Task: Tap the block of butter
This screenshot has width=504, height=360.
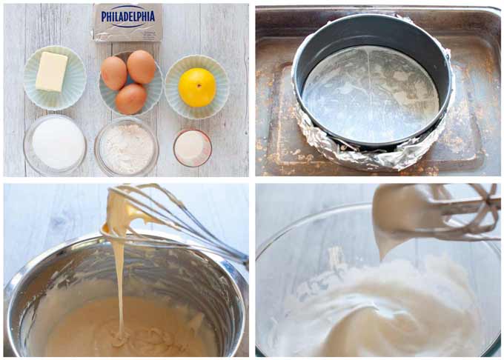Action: point(51,71)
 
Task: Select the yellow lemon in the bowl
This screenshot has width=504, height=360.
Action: point(198,87)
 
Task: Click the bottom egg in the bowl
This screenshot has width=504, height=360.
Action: point(130,98)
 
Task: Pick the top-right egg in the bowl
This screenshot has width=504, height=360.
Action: point(142,66)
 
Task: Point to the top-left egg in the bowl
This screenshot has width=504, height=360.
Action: point(113,72)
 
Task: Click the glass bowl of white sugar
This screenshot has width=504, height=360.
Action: point(56,144)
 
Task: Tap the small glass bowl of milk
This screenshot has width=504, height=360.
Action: point(193,147)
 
